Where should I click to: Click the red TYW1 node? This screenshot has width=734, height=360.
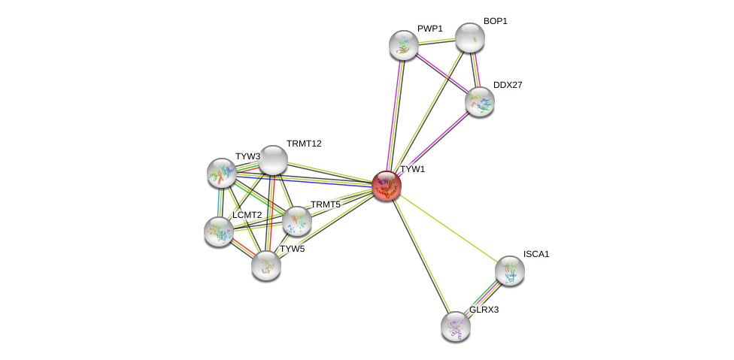coord(387,186)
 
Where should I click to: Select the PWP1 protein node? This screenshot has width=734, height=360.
coord(404,45)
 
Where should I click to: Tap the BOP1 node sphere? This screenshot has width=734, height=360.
coord(470,38)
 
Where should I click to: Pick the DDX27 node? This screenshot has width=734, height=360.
coord(480,101)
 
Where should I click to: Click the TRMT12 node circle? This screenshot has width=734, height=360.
coord(273,159)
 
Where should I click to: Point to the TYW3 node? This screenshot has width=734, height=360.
coord(222,173)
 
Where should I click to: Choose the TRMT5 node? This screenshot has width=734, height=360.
coord(297,221)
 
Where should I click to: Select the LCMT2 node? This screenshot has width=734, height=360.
coord(219,231)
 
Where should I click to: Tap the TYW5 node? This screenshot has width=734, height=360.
coord(266,265)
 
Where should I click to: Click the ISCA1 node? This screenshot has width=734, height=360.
coord(510,271)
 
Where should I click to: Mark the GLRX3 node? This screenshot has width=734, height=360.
coord(456,326)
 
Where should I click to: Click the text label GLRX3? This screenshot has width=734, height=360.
coord(484,310)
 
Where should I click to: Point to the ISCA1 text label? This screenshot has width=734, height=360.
coord(536,254)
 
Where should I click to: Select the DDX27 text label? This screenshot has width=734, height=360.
coord(508,85)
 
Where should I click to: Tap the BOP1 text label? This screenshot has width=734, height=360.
coord(495,21)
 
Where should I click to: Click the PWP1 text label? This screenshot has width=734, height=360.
coord(430,29)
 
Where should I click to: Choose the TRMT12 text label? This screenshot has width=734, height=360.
coord(304,144)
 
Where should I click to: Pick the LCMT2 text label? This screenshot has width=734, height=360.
coord(247,215)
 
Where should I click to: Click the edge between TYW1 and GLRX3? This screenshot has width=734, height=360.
coord(421,256)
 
